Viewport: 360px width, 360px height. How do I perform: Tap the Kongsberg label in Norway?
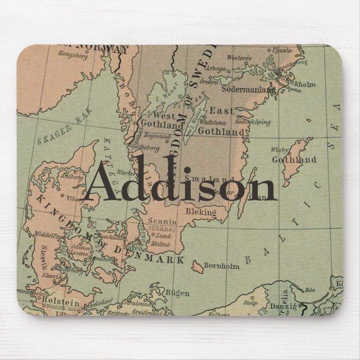pos(72,56)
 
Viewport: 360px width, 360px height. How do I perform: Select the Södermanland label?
pos(249,89)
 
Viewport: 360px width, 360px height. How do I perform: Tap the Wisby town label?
pos(279,150)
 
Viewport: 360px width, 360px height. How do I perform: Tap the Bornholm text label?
pos(222,266)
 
